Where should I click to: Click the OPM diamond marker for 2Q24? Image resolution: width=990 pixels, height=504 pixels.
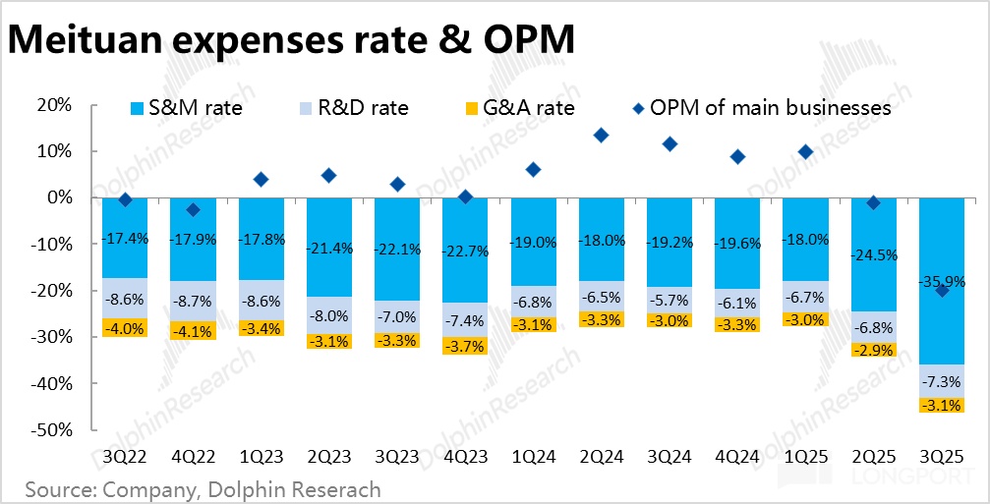(602, 135)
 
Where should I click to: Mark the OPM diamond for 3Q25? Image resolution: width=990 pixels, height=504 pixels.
(943, 290)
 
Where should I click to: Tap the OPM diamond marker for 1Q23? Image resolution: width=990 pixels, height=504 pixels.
(261, 179)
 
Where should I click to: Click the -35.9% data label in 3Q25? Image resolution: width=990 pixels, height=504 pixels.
(943, 282)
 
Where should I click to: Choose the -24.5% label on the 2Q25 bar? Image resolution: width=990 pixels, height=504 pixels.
(874, 255)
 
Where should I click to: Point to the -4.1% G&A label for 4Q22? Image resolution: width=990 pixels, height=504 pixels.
(194, 331)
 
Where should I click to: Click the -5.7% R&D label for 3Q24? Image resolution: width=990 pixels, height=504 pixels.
(670, 300)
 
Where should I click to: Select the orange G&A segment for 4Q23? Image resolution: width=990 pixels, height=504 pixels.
(466, 345)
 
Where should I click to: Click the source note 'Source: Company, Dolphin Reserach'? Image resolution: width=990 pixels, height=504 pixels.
(203, 488)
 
